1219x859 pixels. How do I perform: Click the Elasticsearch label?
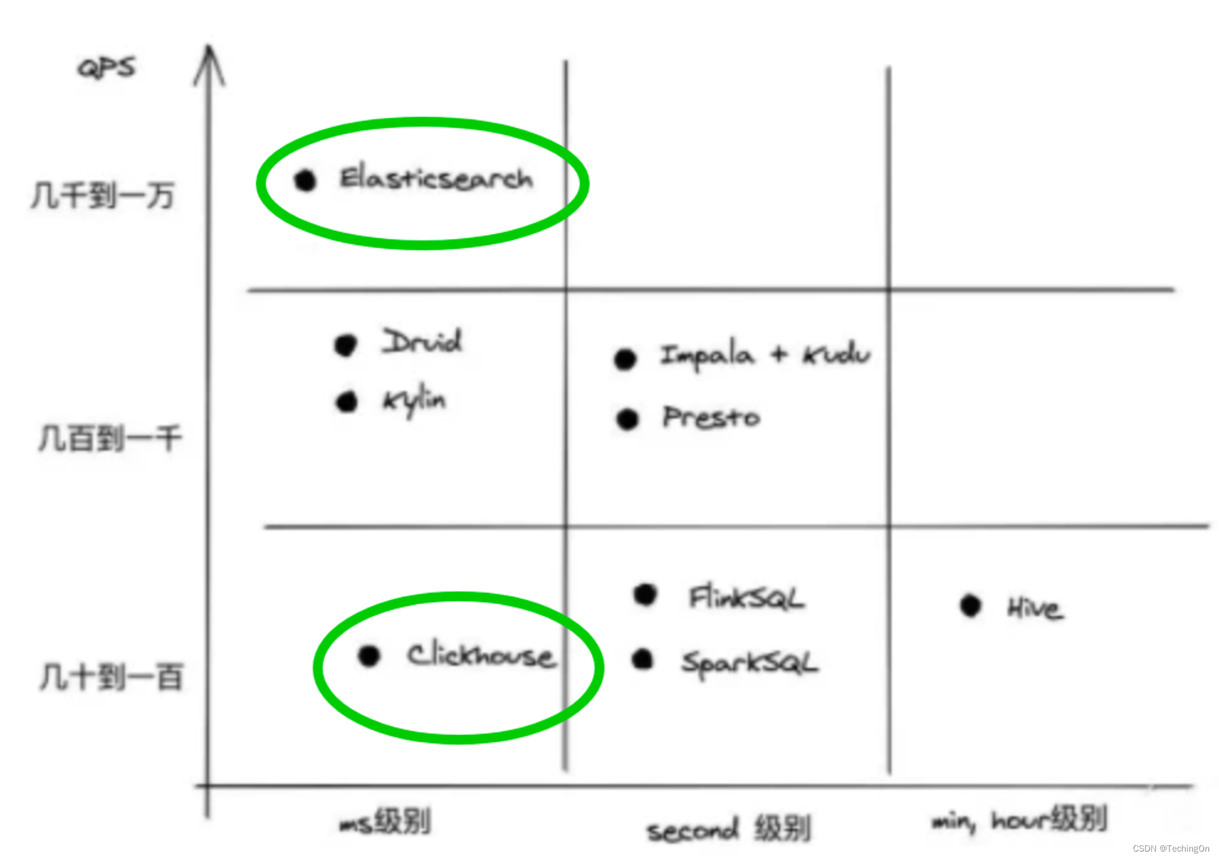436,179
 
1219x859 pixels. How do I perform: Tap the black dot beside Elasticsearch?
305,180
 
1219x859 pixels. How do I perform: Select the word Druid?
422,341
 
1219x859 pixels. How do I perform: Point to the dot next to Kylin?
347,402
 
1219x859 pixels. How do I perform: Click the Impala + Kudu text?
765,355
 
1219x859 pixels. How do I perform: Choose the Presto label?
711,418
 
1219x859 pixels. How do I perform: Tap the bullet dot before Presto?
627,419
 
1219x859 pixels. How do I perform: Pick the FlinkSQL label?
747,598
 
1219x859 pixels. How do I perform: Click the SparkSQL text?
749,663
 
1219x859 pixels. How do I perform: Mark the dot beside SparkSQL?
643,659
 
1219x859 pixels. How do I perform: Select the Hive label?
1035,608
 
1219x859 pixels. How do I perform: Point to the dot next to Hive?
971,606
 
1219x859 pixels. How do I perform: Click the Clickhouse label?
481,656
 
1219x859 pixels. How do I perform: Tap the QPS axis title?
106,67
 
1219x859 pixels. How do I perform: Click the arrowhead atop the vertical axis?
210,62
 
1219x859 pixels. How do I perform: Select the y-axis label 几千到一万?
103,196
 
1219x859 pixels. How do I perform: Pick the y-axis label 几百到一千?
110,439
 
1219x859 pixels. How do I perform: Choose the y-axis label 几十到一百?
111,677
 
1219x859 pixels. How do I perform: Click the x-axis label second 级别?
728,829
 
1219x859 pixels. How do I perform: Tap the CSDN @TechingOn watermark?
1171,848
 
